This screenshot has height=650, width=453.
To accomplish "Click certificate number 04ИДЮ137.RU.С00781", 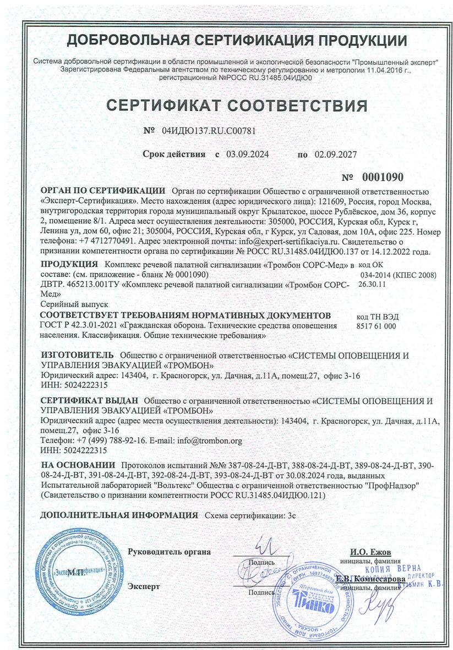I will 209,131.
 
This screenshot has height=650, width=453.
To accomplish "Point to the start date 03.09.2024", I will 247,155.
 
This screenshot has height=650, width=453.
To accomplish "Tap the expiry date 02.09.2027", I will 335,155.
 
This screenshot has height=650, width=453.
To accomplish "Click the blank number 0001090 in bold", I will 383,177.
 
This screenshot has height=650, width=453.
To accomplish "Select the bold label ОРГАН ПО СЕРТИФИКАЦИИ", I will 103,191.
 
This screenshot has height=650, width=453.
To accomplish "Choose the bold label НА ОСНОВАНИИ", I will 78,465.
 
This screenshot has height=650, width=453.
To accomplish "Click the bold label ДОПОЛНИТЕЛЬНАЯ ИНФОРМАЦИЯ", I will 119,516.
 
